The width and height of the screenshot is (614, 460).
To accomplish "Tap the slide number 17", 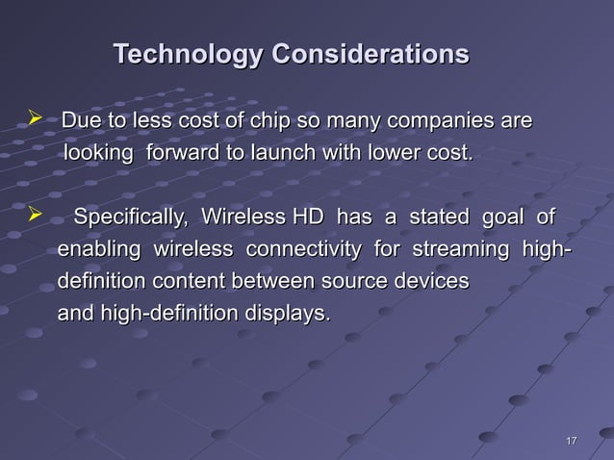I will tap(571, 441).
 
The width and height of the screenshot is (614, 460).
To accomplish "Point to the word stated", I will tap(440, 218).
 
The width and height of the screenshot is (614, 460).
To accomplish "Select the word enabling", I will tap(95, 251).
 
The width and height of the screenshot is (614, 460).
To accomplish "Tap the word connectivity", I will tap(306, 251).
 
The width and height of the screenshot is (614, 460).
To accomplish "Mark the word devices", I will tap(436, 282).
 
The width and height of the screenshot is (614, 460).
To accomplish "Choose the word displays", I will tap(286, 314).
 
